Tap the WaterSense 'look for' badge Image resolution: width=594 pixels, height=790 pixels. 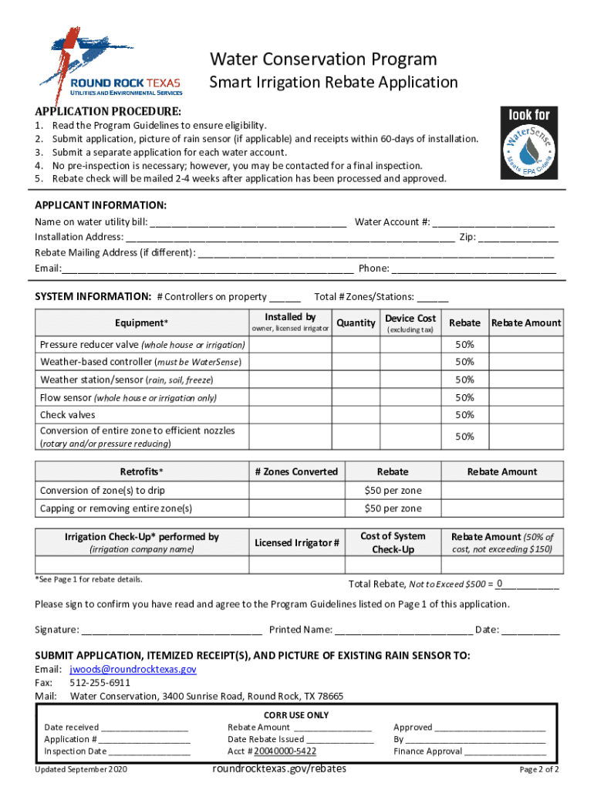pos(528,146)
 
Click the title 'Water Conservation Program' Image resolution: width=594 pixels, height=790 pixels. pos(324,59)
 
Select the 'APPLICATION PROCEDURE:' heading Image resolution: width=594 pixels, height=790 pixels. pos(108,111)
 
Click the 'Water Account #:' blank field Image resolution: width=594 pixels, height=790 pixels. pos(493,223)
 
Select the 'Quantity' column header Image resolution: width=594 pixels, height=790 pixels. pos(356,323)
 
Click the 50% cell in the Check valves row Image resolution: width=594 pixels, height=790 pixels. pos(464,415)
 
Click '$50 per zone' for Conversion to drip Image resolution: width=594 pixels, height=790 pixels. pos(393,491)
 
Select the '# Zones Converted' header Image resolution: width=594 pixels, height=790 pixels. pos(296,471)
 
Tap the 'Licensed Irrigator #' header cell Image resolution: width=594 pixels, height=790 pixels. pos(296,543)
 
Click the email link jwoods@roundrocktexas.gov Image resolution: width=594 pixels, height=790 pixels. pos(133,670)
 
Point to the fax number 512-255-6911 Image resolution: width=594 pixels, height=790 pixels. pos(100,683)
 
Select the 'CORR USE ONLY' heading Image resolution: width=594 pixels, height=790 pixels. pos(296,715)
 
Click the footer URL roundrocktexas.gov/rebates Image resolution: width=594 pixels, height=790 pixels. pos(278,768)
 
